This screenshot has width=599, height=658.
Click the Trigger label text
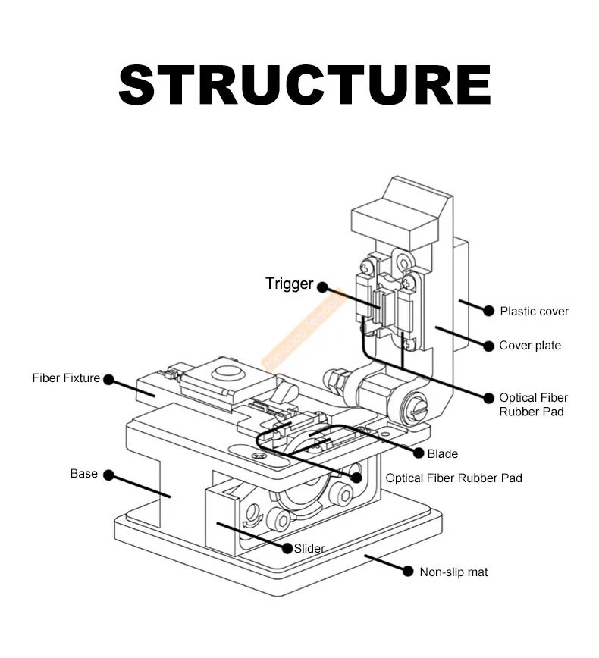click(289, 284)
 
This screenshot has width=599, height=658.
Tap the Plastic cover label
click(534, 311)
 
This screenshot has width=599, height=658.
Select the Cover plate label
click(530, 346)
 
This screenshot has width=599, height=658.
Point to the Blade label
click(442, 453)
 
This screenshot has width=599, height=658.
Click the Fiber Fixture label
click(66, 378)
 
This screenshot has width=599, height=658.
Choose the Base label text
click(84, 474)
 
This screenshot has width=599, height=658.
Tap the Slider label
click(309, 548)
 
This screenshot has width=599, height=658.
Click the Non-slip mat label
click(453, 572)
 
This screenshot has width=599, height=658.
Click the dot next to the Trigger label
click(322, 287)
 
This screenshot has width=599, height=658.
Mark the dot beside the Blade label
click(416, 453)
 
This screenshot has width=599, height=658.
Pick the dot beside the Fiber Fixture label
click(108, 379)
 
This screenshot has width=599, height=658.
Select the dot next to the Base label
click(108, 475)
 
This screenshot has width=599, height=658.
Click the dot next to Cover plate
click(489, 346)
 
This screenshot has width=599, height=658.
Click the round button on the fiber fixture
click(225, 372)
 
